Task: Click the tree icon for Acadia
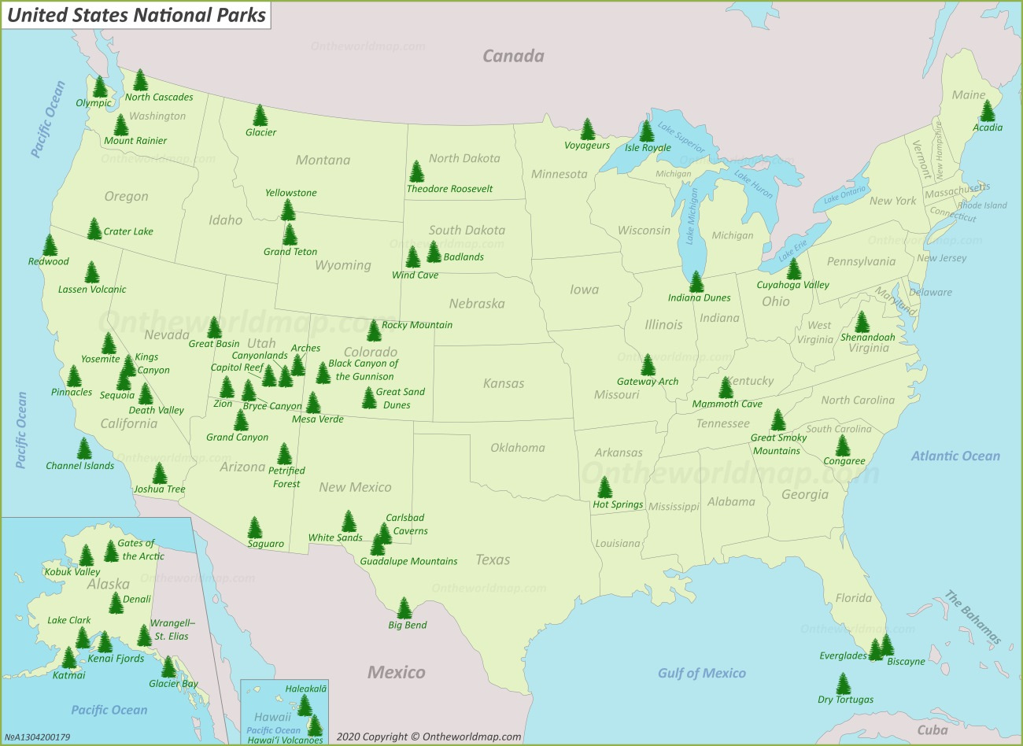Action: click(x=988, y=111)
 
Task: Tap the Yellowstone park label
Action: click(x=290, y=193)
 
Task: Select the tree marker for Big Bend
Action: click(x=404, y=608)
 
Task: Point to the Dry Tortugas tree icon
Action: click(x=844, y=683)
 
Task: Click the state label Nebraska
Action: click(x=477, y=304)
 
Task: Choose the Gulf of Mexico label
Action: click(x=701, y=673)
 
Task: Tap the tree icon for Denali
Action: click(x=116, y=603)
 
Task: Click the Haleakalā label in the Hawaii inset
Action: click(x=305, y=689)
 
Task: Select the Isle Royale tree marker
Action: click(x=647, y=131)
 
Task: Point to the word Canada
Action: click(x=513, y=56)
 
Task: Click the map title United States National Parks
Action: click(x=136, y=15)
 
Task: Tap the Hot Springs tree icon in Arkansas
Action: click(x=604, y=488)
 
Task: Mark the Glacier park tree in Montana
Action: click(x=260, y=116)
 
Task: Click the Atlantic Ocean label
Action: click(x=955, y=456)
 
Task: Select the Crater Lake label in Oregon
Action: click(x=128, y=231)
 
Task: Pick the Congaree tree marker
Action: click(x=843, y=445)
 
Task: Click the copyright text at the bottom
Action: click(x=429, y=737)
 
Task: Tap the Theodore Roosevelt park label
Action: click(x=449, y=189)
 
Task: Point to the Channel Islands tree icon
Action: click(x=84, y=449)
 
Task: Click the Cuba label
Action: click(x=933, y=730)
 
